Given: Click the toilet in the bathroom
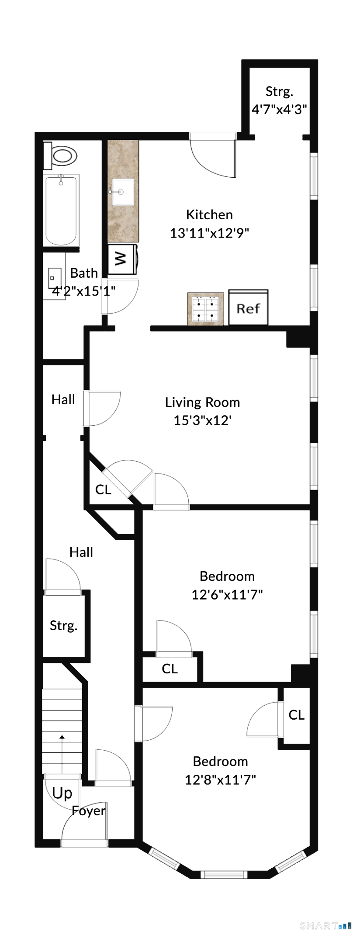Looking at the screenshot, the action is pyautogui.click(x=60, y=155).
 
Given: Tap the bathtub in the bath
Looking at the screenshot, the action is pyautogui.click(x=61, y=210).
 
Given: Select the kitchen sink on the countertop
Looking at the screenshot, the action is pyautogui.click(x=123, y=192).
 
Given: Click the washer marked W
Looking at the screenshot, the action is pyautogui.click(x=123, y=259).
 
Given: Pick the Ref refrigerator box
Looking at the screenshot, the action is pyautogui.click(x=248, y=307).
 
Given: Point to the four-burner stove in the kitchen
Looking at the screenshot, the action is pyautogui.click(x=206, y=309).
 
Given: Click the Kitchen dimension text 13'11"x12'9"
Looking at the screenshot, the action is pyautogui.click(x=209, y=233).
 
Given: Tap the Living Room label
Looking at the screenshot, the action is pyautogui.click(x=202, y=402).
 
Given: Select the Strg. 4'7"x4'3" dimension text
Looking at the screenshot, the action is pyautogui.click(x=279, y=109).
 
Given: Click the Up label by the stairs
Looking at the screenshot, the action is pyautogui.click(x=62, y=793).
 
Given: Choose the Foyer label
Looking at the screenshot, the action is pyautogui.click(x=89, y=811).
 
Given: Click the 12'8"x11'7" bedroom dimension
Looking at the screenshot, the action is pyautogui.click(x=220, y=779).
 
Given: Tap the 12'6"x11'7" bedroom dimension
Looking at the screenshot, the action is pyautogui.click(x=227, y=594).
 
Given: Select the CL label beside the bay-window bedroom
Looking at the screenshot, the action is pyautogui.click(x=297, y=715).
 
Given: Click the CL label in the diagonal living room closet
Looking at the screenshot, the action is pyautogui.click(x=103, y=490).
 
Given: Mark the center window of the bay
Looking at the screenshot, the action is pyautogui.click(x=224, y=874).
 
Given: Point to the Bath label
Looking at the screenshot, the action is pyautogui.click(x=84, y=273).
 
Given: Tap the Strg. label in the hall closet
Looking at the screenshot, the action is pyautogui.click(x=64, y=626).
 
